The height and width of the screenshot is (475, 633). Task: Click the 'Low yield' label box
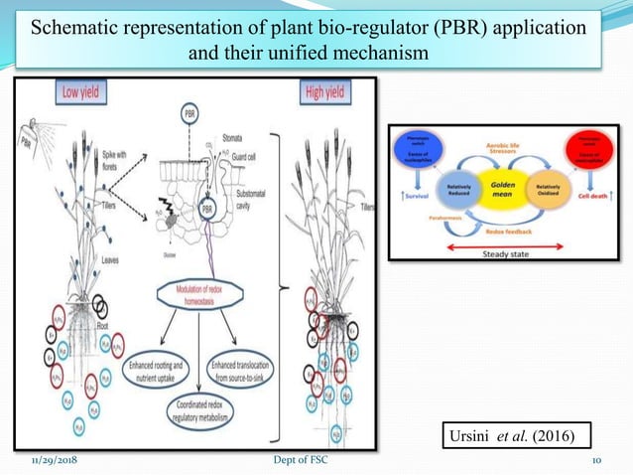(82, 92)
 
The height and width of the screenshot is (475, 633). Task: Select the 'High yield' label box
(325, 92)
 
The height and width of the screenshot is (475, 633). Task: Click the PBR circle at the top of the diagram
(190, 115)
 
